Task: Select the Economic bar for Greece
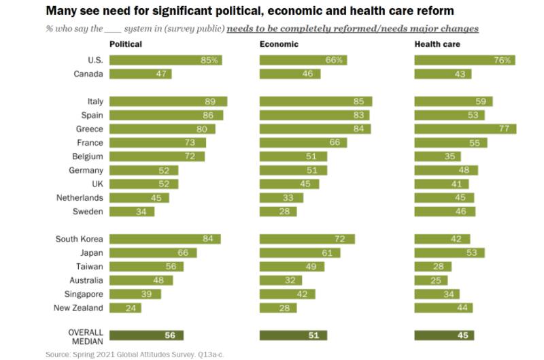click(315, 129)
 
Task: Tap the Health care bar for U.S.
click(464, 60)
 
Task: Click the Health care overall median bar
click(444, 336)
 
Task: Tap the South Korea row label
click(80, 239)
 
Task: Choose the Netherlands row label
click(80, 198)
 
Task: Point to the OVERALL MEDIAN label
click(85, 336)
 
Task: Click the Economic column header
click(279, 44)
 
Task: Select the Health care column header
click(437, 44)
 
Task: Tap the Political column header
click(126, 44)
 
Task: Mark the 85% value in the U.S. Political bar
click(209, 60)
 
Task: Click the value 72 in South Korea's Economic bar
click(340, 239)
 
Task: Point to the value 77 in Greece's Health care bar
click(504, 129)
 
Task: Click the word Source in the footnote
click(58, 355)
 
